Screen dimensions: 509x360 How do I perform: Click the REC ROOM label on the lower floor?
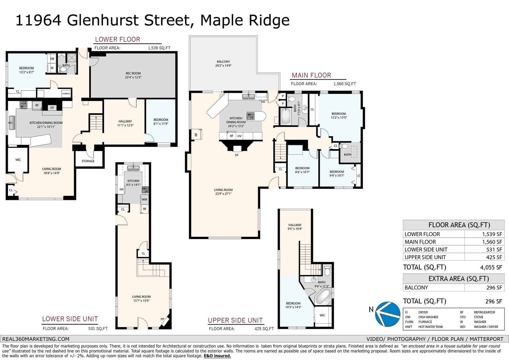133,73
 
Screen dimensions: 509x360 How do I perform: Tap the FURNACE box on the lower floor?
66,94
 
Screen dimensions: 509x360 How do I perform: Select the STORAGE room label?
88,161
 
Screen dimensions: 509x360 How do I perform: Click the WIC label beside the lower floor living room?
18,160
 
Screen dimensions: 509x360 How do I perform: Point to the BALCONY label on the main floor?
223,62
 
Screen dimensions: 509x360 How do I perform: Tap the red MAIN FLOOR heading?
311,75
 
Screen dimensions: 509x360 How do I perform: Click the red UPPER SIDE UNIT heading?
235,320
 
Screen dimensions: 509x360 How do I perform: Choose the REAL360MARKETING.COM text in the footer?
36,339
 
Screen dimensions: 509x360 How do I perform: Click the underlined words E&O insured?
217,356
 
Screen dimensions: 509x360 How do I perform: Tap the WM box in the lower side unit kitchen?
144,199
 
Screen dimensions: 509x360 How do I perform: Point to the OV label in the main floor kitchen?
239,136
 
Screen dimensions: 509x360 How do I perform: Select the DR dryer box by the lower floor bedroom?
52,59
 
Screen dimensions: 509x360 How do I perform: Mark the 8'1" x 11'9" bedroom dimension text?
161,124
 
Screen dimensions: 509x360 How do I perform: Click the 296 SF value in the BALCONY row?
494,288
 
